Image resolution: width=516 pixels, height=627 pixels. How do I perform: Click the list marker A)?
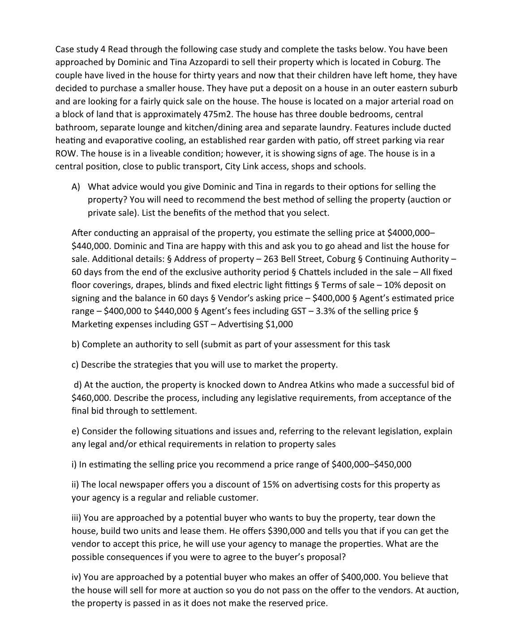click(76, 187)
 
